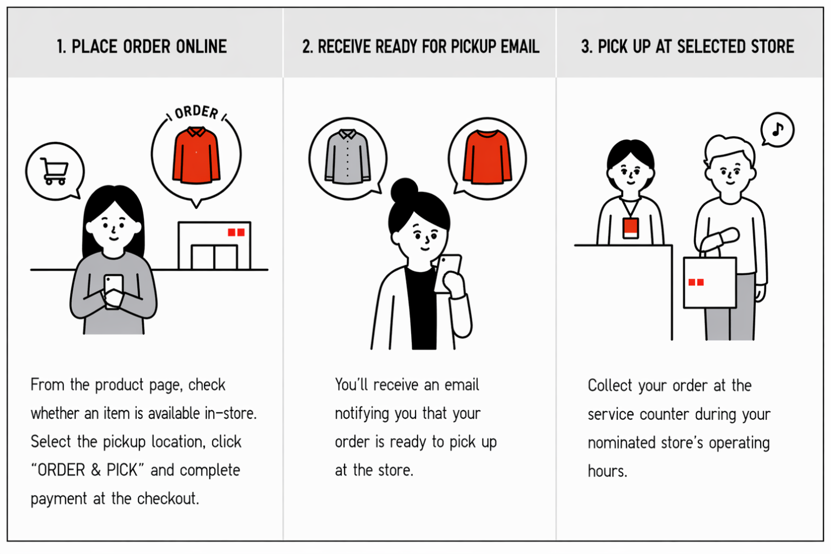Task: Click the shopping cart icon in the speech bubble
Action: [x=55, y=171]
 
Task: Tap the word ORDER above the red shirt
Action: [x=196, y=112]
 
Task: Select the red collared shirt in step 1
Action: [x=196, y=155]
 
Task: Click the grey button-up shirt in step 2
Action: [x=348, y=156]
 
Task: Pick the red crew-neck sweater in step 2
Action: [x=487, y=157]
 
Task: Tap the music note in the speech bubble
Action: [x=777, y=129]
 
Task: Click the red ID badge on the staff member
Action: [x=630, y=228]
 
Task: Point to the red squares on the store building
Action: [x=236, y=232]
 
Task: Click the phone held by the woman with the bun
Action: [x=447, y=273]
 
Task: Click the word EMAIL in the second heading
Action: [x=520, y=47]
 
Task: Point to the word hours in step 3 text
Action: [x=608, y=471]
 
